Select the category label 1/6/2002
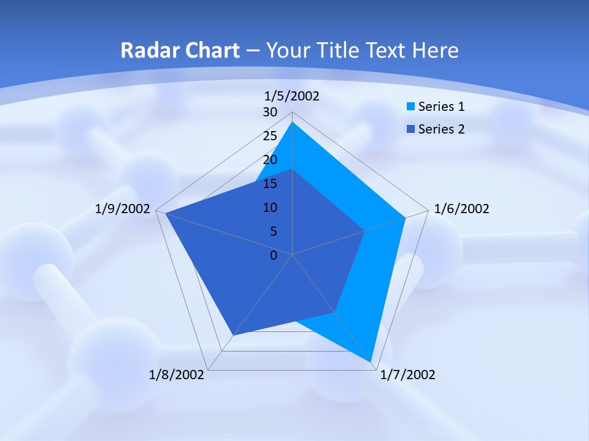click(x=461, y=209)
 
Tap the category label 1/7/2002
click(x=407, y=375)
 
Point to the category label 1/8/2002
click(x=177, y=375)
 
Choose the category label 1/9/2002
click(x=123, y=209)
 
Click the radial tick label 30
click(x=270, y=112)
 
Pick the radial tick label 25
click(x=270, y=136)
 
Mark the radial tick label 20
click(x=270, y=160)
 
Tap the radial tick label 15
click(x=270, y=184)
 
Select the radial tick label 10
click(x=270, y=208)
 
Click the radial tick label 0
click(x=274, y=255)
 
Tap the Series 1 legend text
click(x=441, y=107)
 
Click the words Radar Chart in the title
click(x=180, y=50)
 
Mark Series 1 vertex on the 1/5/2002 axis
click(x=293, y=122)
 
